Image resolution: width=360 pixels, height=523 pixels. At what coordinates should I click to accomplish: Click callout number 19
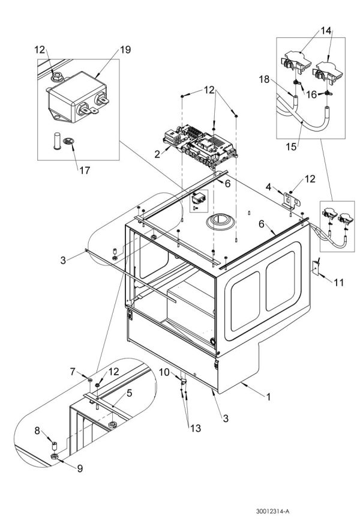pyautogui.click(x=125, y=50)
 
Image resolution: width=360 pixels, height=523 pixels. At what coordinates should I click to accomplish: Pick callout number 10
pyautogui.click(x=163, y=372)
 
